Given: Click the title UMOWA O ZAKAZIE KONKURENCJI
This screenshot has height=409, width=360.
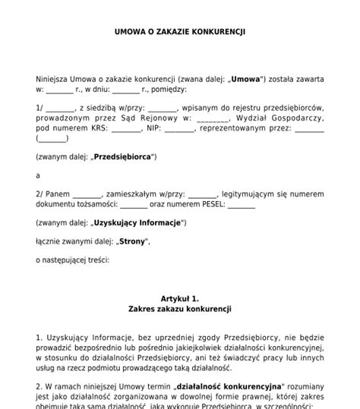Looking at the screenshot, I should pyautogui.click(x=179, y=32).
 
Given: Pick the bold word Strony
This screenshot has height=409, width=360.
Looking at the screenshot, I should pyautogui.click(x=131, y=241).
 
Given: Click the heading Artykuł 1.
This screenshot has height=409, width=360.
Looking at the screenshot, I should pyautogui.click(x=179, y=299).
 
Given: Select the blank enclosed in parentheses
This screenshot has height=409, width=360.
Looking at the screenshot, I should pyautogui.click(x=52, y=139).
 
